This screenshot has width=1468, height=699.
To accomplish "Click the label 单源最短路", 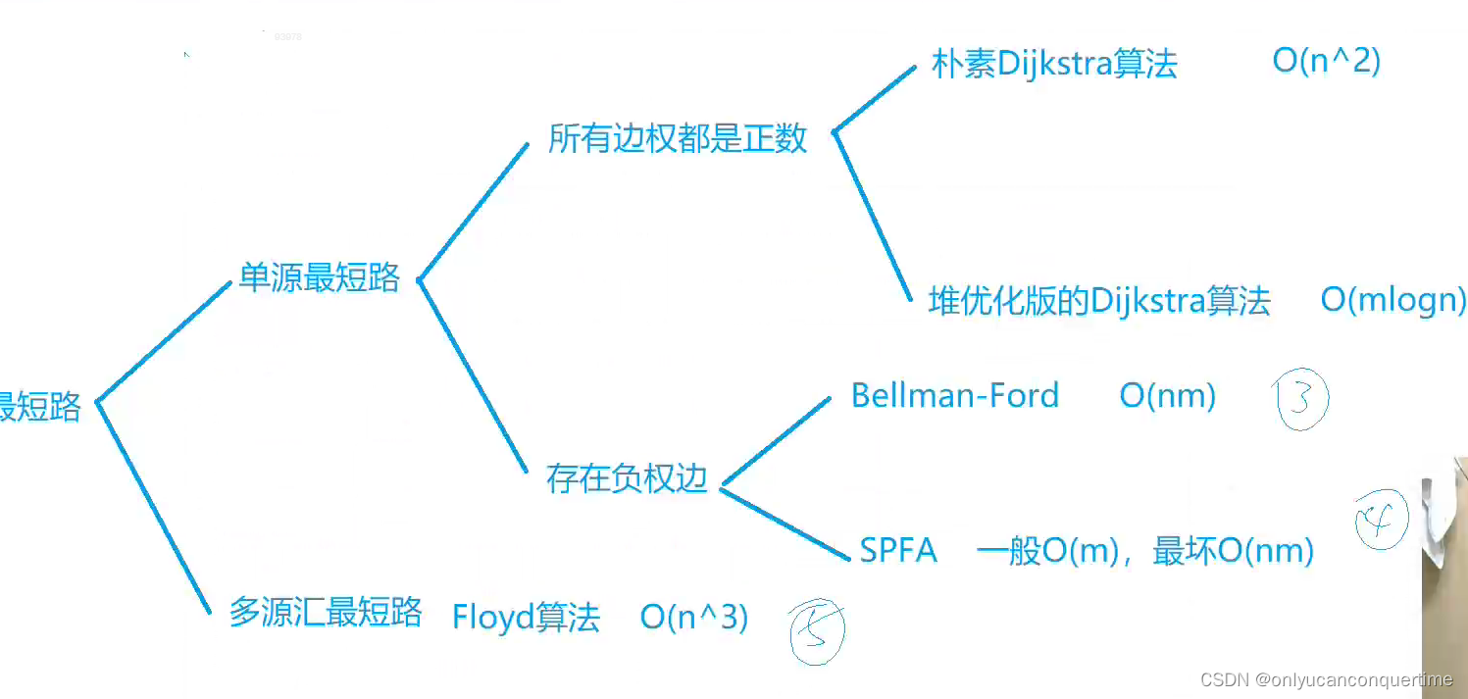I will click(320, 278).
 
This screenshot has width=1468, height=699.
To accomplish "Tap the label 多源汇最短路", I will click(325, 612).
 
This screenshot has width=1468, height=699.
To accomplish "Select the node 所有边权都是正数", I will click(678, 138).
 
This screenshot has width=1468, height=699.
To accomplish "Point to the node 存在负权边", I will click(627, 479).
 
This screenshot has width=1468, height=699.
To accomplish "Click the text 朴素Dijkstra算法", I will click(1054, 65).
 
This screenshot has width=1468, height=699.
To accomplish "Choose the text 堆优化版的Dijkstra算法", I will click(1099, 301).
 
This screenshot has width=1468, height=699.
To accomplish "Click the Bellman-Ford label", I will click(955, 395).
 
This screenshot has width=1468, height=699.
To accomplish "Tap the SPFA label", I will click(898, 551).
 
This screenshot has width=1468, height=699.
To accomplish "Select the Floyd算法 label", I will click(526, 619).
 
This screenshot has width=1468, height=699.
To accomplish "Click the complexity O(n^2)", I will click(1326, 61).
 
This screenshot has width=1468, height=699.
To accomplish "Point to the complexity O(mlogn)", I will click(1392, 300).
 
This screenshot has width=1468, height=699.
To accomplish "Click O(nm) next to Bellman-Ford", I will click(1167, 396).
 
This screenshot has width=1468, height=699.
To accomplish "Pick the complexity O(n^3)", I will click(694, 618).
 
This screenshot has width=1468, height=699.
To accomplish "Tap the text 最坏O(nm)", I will click(1233, 551).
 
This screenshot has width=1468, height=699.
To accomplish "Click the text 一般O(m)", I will click(1047, 551).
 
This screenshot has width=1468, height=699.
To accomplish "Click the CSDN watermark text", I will click(1326, 679).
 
